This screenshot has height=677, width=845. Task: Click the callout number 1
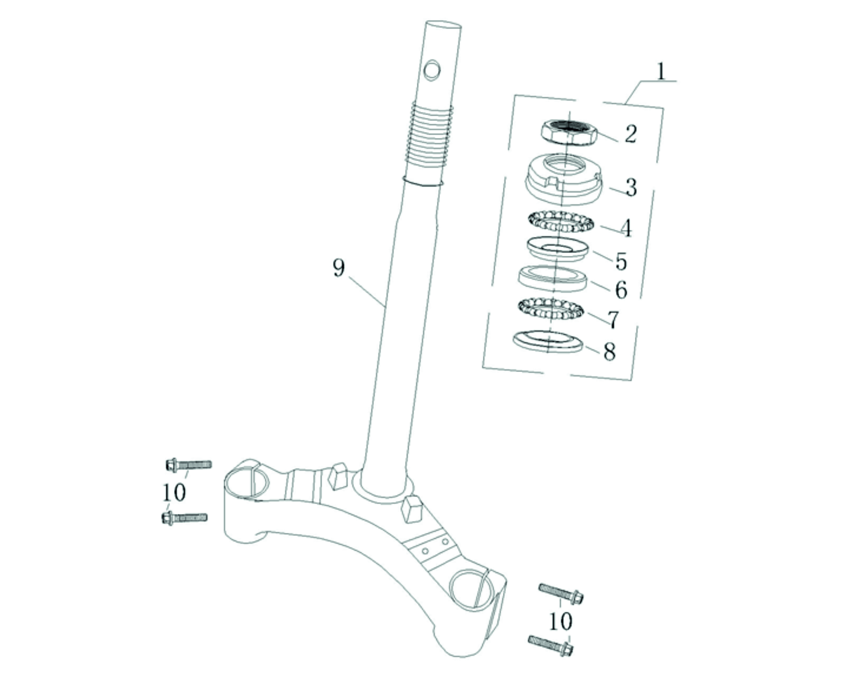point(661,71)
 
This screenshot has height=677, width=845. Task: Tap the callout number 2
point(631,134)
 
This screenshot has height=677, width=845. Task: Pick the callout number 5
point(621,262)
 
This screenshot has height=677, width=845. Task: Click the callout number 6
point(621,290)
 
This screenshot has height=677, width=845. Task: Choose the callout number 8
point(610,352)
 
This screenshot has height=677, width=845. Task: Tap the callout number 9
point(339,269)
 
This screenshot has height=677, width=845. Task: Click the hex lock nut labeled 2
point(569,133)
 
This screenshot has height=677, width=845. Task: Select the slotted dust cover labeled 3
point(563,179)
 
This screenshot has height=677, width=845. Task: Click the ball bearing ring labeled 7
point(551,309)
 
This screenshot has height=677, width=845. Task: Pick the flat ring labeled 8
point(547,342)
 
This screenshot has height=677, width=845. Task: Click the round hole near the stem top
point(432,71)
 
